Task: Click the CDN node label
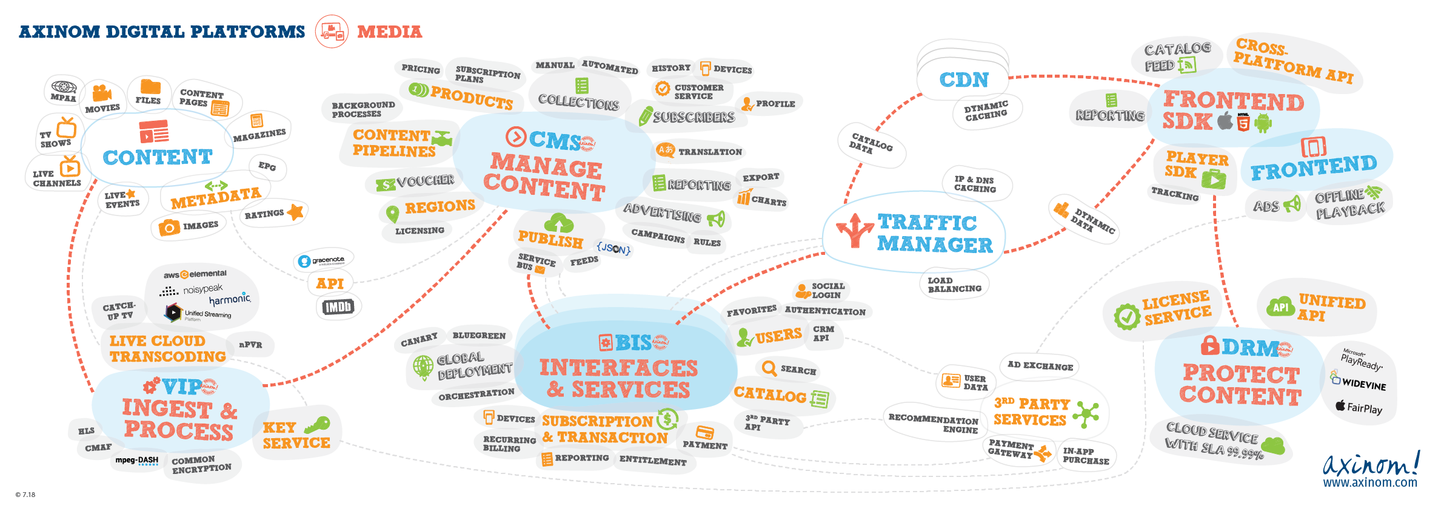[963, 80]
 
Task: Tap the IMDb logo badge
[338, 307]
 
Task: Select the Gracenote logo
[323, 261]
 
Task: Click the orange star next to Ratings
[295, 212]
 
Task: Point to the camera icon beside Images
[169, 228]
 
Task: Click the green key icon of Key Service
[317, 424]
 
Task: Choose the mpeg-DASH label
[137, 461]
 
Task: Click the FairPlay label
[1359, 407]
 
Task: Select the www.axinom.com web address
[1370, 483]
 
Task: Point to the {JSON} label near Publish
[613, 248]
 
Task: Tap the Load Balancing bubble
[954, 285]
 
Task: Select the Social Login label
[827, 290]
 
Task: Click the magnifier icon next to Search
[769, 368]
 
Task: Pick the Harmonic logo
[230, 300]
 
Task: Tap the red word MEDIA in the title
[389, 32]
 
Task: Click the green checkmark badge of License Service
[1127, 317]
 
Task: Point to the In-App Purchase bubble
[1086, 456]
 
